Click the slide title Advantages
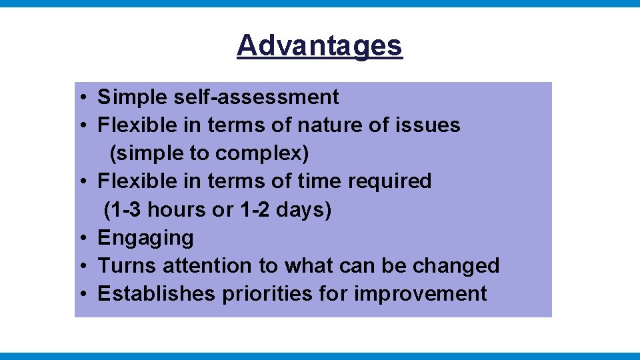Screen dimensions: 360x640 (x=319, y=46)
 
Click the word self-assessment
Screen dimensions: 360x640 (x=256, y=97)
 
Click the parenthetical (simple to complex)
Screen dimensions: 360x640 (x=209, y=153)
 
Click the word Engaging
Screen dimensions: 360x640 (x=145, y=238)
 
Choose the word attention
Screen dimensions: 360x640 (x=209, y=266)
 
